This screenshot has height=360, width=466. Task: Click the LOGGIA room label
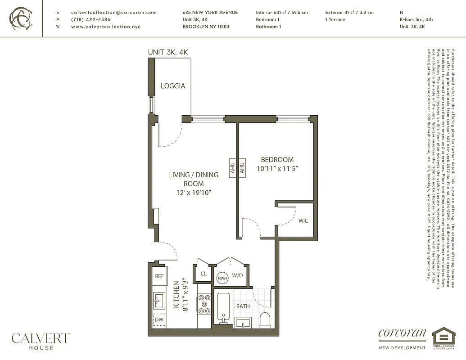(x=173, y=85)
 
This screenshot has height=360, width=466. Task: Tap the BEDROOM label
(x=277, y=159)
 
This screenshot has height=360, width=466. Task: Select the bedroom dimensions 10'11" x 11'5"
(x=278, y=168)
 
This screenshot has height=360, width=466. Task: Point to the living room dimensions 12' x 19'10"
(x=193, y=193)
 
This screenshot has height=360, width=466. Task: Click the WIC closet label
(x=303, y=220)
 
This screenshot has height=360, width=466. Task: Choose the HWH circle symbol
(x=222, y=278)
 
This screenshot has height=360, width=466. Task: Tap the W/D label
(x=237, y=275)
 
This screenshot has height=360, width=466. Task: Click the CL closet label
(x=204, y=274)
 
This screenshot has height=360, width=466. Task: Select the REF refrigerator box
(x=159, y=276)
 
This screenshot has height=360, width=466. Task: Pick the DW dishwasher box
(x=158, y=319)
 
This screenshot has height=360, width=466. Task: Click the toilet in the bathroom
(x=265, y=319)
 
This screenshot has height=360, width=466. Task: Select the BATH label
(x=243, y=306)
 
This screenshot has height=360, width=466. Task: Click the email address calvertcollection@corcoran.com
(x=114, y=13)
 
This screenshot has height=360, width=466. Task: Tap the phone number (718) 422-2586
(x=90, y=20)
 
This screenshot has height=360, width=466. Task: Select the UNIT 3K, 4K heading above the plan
(x=168, y=52)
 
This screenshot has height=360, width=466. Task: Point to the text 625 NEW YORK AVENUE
(x=210, y=13)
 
